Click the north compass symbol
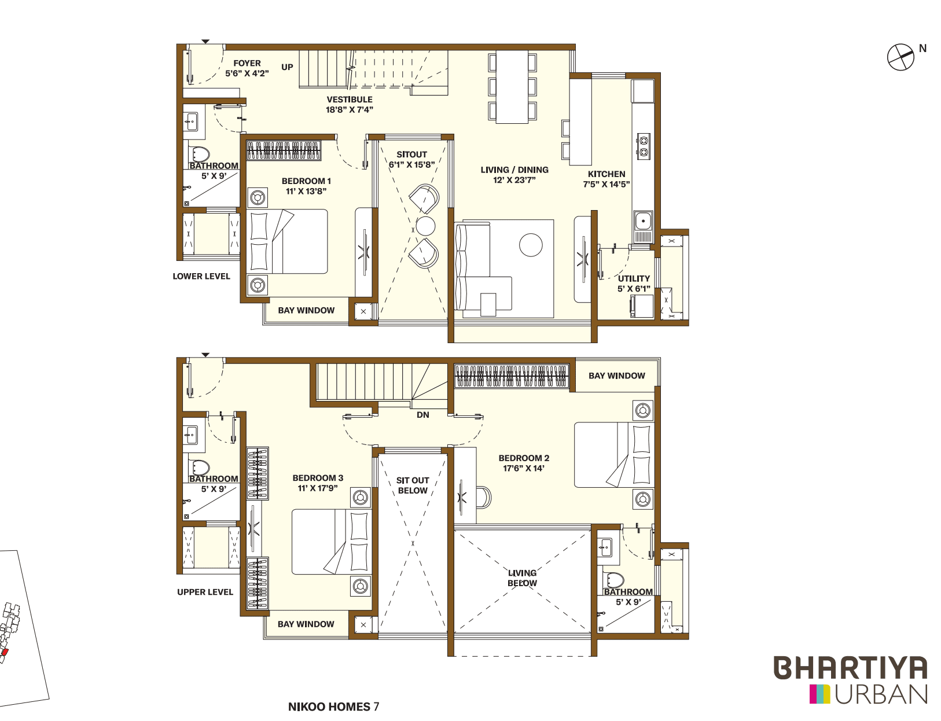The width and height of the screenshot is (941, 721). coord(901,57)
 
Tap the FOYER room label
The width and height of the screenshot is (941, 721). coord(247,64)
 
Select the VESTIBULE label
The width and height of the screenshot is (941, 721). coord(350,100)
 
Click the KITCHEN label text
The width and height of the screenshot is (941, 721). coord(606,174)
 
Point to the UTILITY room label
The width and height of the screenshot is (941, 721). coord(634,279)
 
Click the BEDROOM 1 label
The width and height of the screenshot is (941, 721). coord(306,181)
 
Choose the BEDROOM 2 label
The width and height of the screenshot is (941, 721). coord(524,458)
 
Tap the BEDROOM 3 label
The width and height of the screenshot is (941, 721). coord(318,478)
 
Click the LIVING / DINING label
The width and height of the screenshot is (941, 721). coord(514,170)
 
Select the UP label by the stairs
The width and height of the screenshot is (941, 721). coord(287,67)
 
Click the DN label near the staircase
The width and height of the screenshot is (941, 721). coord(423,415)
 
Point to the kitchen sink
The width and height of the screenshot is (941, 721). coord(643,221)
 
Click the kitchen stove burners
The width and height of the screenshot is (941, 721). coord(643,146)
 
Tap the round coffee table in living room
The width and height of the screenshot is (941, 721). coord(531,245)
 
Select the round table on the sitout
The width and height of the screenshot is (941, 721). coord(425,225)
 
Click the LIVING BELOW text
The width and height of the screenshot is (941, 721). coord(522,577)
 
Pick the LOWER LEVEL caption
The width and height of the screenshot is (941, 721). coord(201,277)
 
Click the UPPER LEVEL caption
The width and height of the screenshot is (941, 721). coord(205,592)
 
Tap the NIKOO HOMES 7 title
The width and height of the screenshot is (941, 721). coord(333,707)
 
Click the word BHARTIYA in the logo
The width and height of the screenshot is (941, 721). coord(850,668)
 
